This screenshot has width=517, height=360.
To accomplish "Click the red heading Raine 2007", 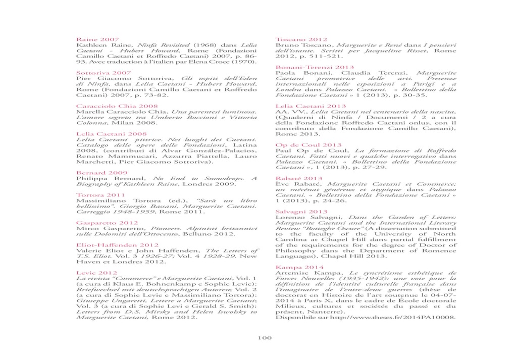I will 97,39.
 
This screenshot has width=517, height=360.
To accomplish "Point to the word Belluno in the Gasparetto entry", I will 196,234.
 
